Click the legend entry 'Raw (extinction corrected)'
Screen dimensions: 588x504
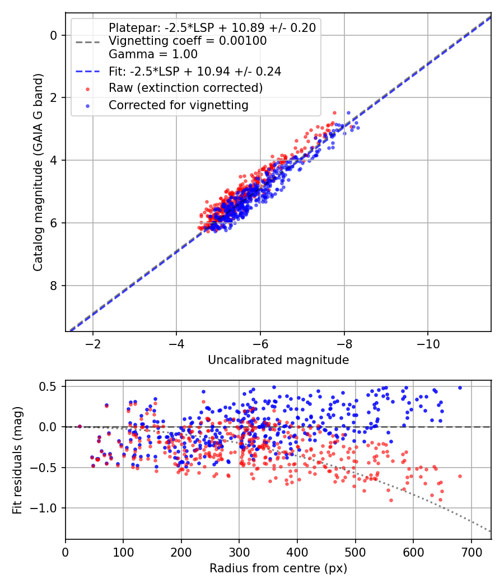(185, 88)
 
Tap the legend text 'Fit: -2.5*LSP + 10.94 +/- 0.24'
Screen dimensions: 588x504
(195, 71)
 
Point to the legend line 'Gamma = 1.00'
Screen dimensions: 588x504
(153, 54)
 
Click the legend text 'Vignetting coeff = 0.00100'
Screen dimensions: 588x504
(188, 41)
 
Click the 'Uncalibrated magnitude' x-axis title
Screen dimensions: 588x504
(278, 360)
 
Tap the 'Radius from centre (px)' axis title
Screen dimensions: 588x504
(278, 568)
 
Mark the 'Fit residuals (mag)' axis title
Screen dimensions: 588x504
(18, 460)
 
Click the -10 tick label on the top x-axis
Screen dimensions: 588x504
(428, 343)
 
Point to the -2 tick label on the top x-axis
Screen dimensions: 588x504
(93, 343)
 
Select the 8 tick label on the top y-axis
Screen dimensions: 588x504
(54, 286)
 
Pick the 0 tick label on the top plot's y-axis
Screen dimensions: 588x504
(54, 35)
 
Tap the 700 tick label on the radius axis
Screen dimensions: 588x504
(471, 551)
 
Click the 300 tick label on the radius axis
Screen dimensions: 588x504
(239, 551)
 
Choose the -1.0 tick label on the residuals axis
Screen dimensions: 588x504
(46, 508)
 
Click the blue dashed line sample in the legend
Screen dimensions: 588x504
(87, 72)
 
